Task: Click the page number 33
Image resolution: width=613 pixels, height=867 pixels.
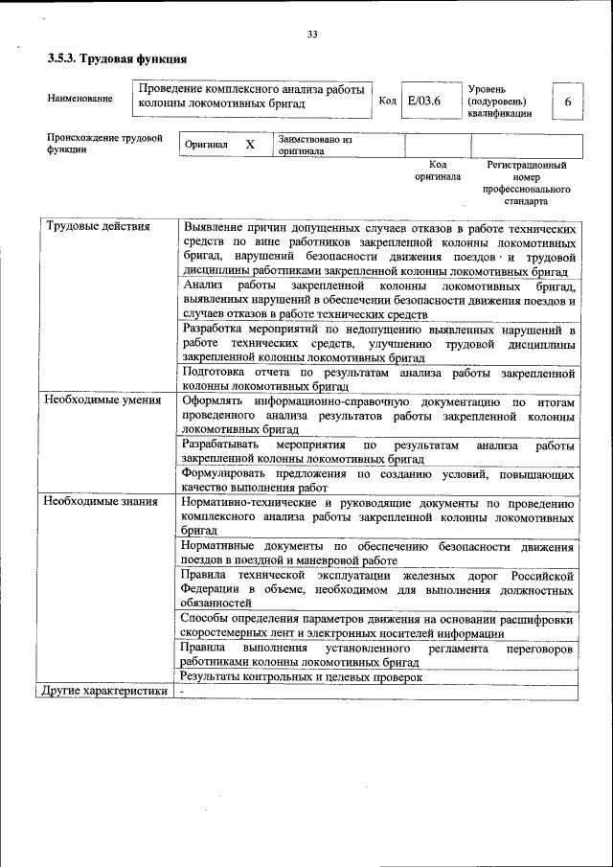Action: pos(312,35)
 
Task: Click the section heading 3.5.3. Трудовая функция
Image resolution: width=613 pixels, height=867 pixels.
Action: pos(117,59)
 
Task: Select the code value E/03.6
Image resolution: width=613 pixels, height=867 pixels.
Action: pos(423,101)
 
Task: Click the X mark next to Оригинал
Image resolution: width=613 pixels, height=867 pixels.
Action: pos(250,145)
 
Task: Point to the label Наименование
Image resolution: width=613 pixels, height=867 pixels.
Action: pos(79,98)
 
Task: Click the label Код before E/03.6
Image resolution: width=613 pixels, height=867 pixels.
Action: pos(387,101)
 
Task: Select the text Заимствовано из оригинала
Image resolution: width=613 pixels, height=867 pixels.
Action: pos(315,145)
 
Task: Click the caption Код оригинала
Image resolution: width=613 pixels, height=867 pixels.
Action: pos(437,171)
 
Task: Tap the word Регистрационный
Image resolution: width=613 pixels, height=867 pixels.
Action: pos(527,165)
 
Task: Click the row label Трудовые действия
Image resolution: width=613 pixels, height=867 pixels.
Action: pos(98,227)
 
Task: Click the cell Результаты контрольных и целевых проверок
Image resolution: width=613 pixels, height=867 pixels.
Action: pos(302,676)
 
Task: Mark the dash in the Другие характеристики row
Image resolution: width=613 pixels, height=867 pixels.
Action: pos(180,692)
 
